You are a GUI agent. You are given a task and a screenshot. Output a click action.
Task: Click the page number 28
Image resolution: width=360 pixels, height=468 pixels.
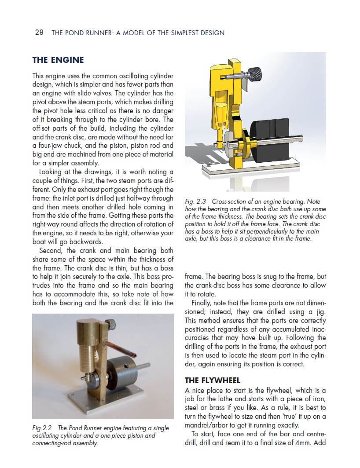coord(39,33)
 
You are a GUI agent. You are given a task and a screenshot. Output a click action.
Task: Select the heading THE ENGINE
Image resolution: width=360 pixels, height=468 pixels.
coord(58,60)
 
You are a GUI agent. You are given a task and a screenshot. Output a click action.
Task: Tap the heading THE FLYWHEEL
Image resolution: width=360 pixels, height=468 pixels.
coord(212,380)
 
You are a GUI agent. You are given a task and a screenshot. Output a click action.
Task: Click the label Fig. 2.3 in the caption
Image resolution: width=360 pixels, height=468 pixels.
coord(195,201)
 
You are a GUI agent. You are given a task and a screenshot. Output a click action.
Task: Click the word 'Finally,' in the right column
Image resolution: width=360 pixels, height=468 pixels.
coord(203,303)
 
